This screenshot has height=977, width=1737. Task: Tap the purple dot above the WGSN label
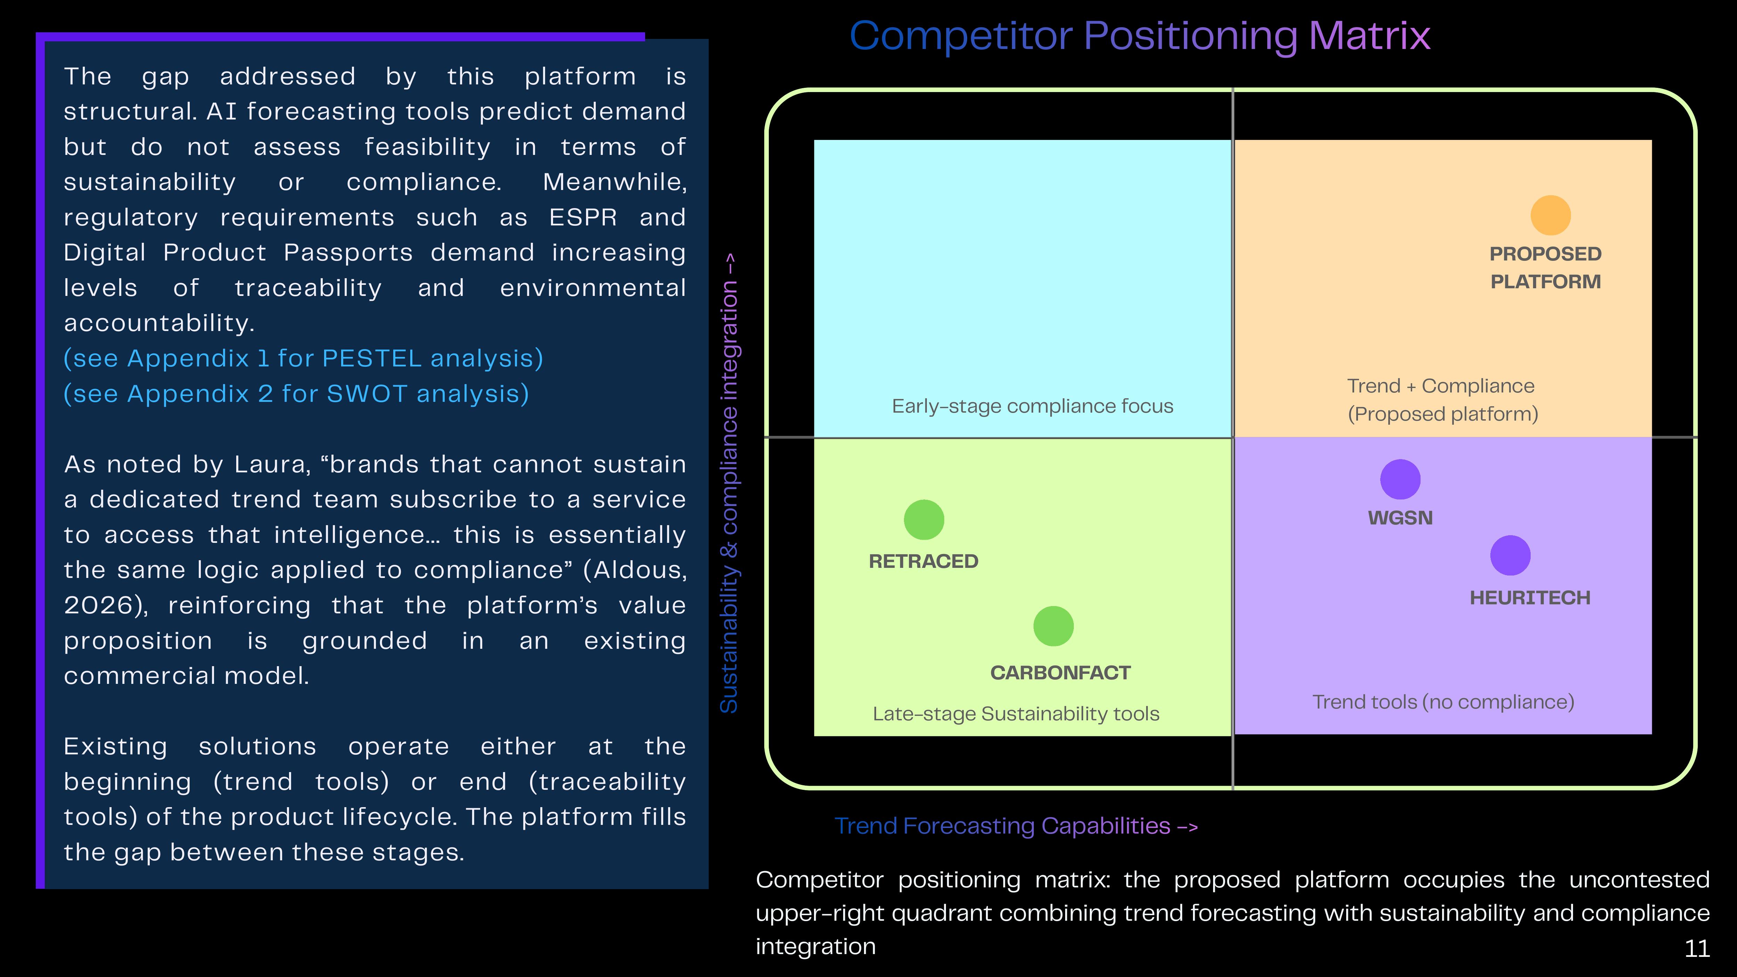tap(1400, 479)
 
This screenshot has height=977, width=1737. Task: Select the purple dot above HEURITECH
tap(1510, 556)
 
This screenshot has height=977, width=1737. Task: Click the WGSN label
tap(1400, 518)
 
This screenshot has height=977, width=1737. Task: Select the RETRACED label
tap(923, 561)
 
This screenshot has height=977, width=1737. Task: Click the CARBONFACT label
tap(1060, 673)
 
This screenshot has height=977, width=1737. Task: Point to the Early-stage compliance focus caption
tap(1032, 406)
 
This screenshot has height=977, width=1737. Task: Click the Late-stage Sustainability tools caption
tap(1015, 713)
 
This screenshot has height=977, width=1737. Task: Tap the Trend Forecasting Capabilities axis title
tap(1015, 826)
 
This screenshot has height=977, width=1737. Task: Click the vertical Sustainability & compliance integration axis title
tap(729, 483)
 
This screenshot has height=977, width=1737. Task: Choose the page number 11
tap(1697, 949)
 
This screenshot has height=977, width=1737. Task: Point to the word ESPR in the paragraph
tap(583, 217)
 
